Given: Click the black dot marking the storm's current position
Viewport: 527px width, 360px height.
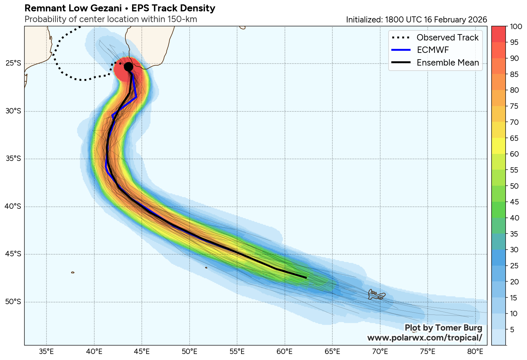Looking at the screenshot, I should click(x=128, y=67).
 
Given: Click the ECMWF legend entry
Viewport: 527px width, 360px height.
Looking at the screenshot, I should click(x=432, y=50).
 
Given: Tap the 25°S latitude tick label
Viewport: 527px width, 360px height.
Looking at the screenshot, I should click(x=13, y=63).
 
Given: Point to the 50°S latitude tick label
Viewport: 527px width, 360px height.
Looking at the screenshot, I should click(x=13, y=302).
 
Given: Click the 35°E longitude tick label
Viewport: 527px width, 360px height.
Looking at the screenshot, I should click(x=46, y=352).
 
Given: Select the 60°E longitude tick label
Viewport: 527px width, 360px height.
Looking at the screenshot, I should click(x=285, y=352).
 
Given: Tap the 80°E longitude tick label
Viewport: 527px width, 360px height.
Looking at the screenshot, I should click(x=476, y=352).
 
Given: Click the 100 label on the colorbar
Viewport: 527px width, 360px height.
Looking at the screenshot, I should click(x=516, y=27).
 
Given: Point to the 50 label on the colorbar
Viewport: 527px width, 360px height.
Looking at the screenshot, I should click(x=514, y=186).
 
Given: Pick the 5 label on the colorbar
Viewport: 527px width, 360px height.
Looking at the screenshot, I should click(x=512, y=330).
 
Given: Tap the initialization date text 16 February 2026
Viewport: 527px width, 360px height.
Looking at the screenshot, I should click(x=455, y=20).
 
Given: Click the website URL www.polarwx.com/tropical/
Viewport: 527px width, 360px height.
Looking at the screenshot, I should click(x=425, y=338).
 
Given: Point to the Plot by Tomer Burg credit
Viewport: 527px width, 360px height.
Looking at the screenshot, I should click(x=443, y=328).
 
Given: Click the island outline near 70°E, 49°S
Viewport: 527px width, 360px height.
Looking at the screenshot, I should click(x=377, y=294).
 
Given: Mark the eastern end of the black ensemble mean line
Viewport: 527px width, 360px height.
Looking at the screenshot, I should click(x=306, y=277).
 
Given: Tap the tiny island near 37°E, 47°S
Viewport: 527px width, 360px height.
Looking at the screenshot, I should click(x=73, y=272).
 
